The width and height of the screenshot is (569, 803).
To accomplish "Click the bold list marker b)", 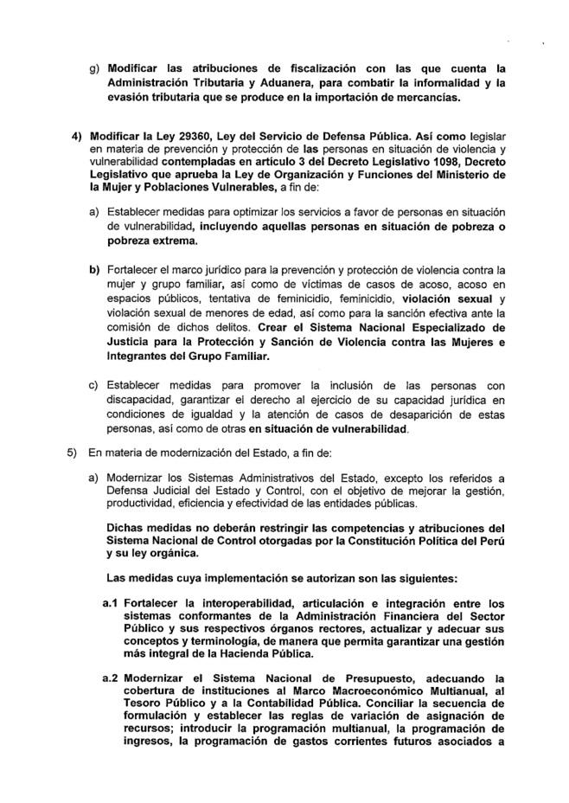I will (x=94, y=270).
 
